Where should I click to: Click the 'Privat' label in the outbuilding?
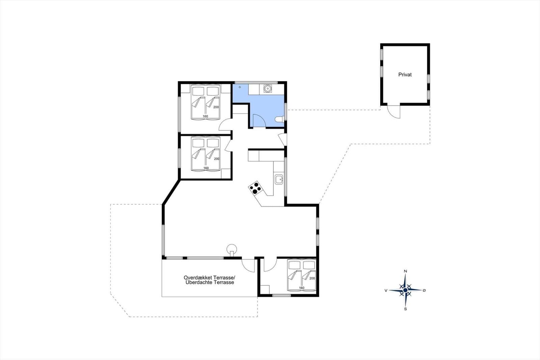coord(405,75)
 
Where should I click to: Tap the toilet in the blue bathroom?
coord(279,119)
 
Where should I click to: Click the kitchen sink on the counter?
coord(279,180)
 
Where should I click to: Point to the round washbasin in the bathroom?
coord(267,88)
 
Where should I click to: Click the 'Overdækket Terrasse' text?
coord(209,278)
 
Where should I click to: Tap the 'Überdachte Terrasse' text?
coord(210,282)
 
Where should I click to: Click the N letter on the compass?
coord(405,271)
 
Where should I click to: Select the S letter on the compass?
coord(405,309)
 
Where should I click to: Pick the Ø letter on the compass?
coord(424,290)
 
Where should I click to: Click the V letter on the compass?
coord(386,290)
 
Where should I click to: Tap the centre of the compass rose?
coord(405,290)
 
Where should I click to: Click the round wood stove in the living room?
coord(232,249)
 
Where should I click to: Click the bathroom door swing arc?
coord(259,120)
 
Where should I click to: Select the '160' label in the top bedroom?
coord(205,116)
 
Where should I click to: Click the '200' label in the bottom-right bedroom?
coord(312,278)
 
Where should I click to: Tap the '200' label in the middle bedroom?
coord(217,159)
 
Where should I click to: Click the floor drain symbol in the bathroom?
coord(240,87)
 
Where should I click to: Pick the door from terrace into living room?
coord(248,266)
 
